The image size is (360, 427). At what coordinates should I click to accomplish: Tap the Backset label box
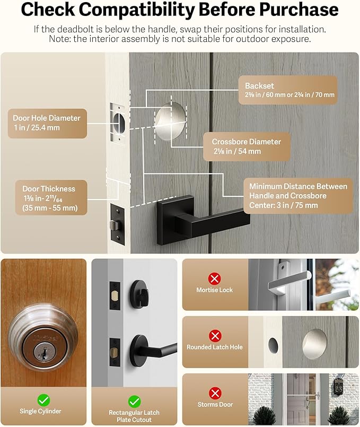[289, 90]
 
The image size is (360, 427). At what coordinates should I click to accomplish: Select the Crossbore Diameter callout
[247, 146]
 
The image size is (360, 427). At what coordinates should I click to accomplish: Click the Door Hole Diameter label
[48, 123]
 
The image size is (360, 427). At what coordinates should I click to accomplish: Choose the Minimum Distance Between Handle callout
[297, 196]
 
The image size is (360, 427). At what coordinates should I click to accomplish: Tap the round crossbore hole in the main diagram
[170, 120]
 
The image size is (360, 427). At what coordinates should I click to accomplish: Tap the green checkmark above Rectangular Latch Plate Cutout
[134, 401]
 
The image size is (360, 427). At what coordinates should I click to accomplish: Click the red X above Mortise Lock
[215, 278]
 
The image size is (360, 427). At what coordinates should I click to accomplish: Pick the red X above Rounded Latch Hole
[215, 336]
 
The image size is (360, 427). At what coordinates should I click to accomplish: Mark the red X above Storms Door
[215, 393]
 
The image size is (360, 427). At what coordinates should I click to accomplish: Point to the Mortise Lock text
[215, 290]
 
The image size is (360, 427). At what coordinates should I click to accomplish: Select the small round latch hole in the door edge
[273, 345]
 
